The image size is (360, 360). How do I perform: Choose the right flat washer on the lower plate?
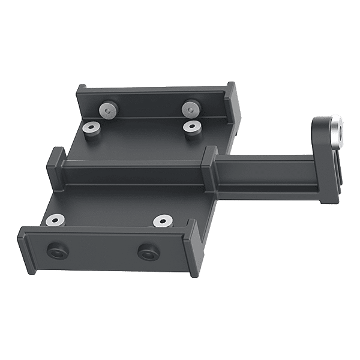tap(162, 221)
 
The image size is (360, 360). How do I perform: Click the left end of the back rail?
tap(84, 102)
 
